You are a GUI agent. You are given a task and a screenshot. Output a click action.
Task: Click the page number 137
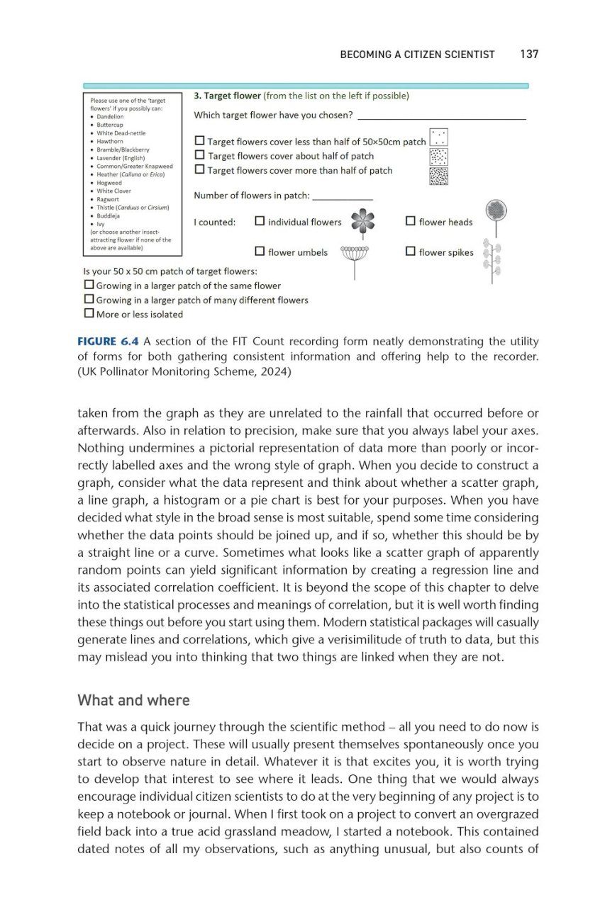tap(529, 55)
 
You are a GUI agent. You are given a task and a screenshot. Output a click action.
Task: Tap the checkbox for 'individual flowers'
tap(260, 221)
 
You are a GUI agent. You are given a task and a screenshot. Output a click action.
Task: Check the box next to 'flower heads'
tap(411, 221)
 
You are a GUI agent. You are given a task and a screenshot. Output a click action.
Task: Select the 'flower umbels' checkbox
tap(260, 251)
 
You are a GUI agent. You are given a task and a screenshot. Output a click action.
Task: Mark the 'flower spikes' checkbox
tap(411, 251)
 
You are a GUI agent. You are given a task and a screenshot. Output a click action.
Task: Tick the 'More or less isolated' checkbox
tap(89, 313)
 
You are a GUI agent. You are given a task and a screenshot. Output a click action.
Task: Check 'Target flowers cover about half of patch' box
tap(199, 155)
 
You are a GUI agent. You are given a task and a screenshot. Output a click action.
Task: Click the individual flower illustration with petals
tap(362, 221)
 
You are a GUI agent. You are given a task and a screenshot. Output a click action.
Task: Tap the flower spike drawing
tap(492, 261)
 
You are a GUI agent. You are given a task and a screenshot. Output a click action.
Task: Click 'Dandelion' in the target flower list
tap(110, 117)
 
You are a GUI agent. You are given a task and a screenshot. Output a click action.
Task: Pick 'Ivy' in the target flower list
tap(101, 224)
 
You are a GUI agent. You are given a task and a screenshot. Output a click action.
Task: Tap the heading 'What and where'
tap(133, 700)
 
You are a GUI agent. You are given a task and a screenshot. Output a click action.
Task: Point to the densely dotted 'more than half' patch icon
tap(439, 175)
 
